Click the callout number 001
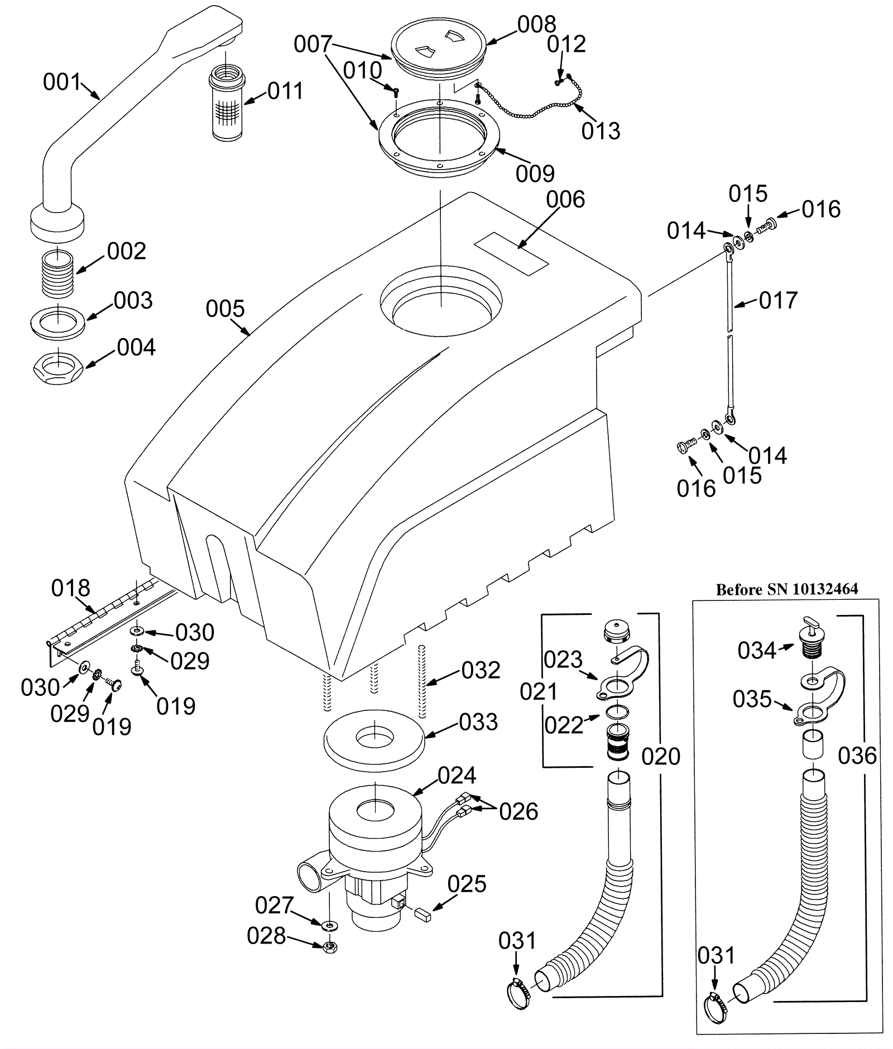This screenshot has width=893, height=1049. (62, 83)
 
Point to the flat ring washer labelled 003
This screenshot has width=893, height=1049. (57, 323)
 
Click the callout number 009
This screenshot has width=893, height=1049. (535, 174)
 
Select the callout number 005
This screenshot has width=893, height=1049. (225, 309)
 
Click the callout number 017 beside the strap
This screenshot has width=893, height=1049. (778, 300)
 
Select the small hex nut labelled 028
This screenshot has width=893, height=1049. (330, 946)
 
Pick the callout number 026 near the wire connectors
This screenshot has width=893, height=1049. (518, 812)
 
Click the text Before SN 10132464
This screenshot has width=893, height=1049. (787, 589)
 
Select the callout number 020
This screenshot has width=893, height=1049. (661, 757)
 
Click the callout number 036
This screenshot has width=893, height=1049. (857, 756)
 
